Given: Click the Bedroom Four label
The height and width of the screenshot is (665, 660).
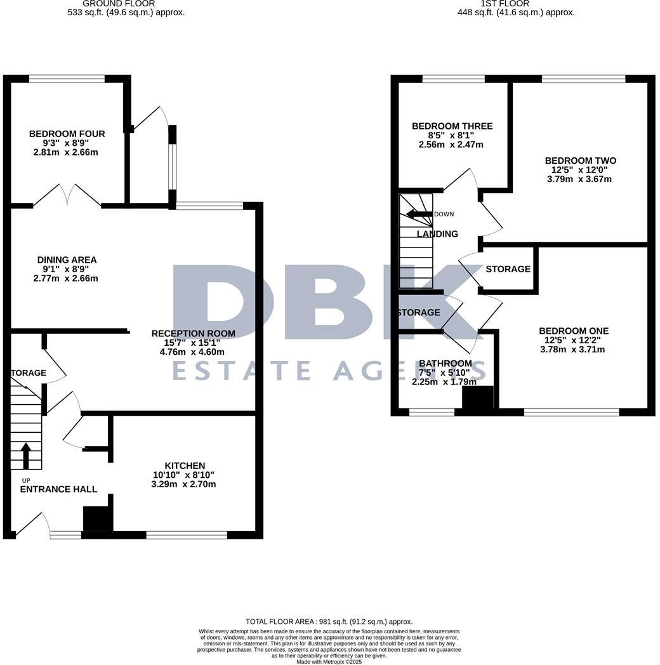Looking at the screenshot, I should (67, 134).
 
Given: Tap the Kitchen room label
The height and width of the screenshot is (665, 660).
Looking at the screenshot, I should (185, 466).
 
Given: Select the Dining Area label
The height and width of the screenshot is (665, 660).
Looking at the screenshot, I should (67, 260).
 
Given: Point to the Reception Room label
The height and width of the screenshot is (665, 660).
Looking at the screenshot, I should (193, 333).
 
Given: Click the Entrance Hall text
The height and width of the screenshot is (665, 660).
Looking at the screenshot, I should (58, 489).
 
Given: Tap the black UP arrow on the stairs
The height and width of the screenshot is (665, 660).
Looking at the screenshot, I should (26, 455).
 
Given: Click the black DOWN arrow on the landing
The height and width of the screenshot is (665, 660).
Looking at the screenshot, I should (419, 214).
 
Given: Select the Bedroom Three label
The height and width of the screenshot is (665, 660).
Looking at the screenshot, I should (452, 126).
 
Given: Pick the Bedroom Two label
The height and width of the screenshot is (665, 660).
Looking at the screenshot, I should (580, 161).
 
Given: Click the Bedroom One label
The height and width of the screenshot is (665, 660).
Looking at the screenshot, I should (573, 331).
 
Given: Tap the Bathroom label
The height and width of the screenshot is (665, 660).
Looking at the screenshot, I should (445, 364).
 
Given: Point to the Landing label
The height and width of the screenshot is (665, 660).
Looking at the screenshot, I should (437, 234).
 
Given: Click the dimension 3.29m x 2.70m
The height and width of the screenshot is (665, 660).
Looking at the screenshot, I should (183, 484).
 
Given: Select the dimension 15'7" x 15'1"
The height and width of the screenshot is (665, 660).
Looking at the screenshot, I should (193, 343).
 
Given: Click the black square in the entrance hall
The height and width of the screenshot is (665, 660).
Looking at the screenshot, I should (98, 518).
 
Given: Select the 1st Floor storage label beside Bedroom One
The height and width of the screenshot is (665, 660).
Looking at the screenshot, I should (508, 269).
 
